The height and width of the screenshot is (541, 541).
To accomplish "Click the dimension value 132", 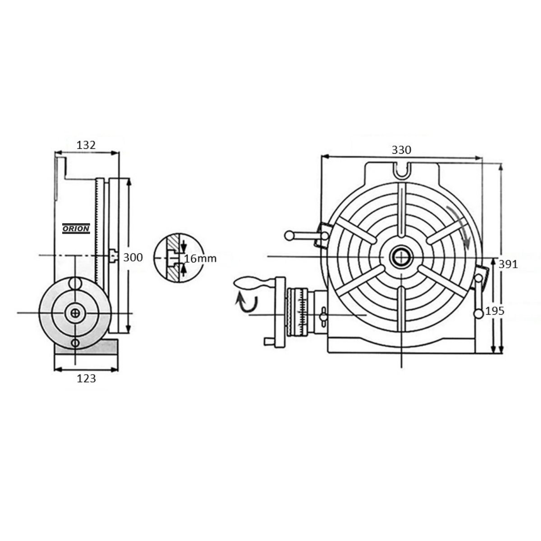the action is click(86, 145).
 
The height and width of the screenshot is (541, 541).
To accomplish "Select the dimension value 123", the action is click(87, 379).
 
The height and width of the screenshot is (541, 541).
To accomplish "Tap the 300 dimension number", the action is click(133, 257).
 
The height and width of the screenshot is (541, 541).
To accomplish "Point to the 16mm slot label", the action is click(200, 259).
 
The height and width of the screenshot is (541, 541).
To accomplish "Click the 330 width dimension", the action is click(402, 150).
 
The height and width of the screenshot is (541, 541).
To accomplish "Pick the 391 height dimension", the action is click(508, 264).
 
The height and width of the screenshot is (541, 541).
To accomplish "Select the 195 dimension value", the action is click(495, 311).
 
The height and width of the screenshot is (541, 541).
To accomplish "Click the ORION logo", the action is click(76, 229).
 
